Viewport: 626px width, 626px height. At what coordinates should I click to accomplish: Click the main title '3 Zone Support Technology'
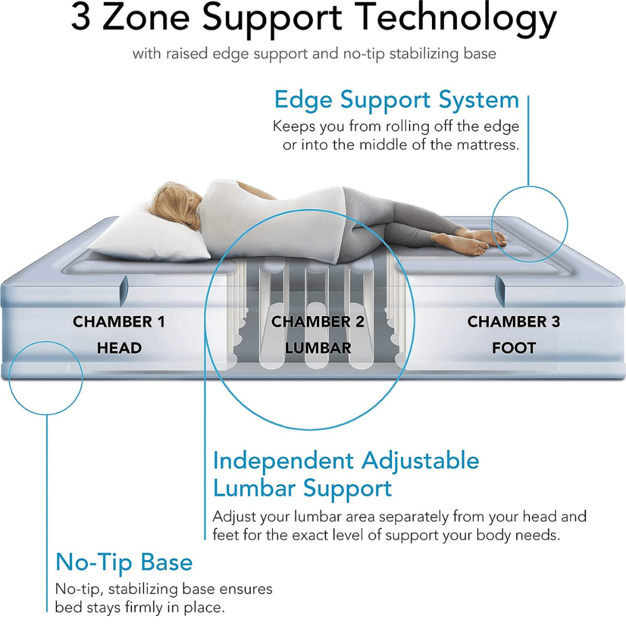pyautogui.click(x=313, y=20)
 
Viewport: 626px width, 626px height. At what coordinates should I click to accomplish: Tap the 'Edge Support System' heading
pyautogui.click(x=396, y=100)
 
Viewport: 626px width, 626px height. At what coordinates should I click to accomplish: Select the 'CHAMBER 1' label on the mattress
pyautogui.click(x=119, y=322)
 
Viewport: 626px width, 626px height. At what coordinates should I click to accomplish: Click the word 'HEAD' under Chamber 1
pyautogui.click(x=119, y=348)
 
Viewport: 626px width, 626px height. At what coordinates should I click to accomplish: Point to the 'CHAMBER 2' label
pyautogui.click(x=317, y=322)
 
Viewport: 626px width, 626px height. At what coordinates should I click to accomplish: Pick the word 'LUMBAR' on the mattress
pyautogui.click(x=317, y=348)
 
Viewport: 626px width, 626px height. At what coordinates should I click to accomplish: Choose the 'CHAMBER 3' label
pyautogui.click(x=513, y=322)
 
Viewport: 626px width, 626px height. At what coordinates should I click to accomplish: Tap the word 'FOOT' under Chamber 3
pyautogui.click(x=513, y=348)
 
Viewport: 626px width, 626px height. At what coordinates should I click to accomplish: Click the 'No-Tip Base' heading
pyautogui.click(x=124, y=562)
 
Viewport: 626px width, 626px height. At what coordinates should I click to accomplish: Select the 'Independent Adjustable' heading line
pyautogui.click(x=346, y=461)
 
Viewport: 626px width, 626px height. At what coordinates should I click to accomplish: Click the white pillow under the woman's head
pyautogui.click(x=156, y=235)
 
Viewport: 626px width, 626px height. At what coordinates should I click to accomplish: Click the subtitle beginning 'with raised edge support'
pyautogui.click(x=314, y=53)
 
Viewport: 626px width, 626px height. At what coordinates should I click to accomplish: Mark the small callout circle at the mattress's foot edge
pyautogui.click(x=530, y=223)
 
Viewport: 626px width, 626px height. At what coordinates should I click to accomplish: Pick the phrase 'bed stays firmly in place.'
pyautogui.click(x=140, y=608)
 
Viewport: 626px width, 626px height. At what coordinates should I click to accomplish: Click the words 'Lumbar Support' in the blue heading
pyautogui.click(x=302, y=488)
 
